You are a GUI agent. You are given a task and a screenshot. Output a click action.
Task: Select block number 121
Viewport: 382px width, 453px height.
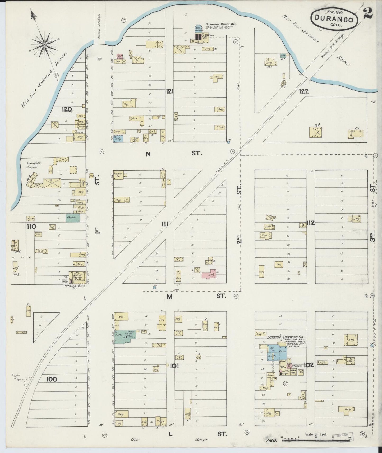[169, 91]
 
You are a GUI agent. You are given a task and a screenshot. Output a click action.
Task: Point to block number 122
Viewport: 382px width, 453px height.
[304, 91]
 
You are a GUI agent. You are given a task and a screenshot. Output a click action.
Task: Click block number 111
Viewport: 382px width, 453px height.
[165, 224]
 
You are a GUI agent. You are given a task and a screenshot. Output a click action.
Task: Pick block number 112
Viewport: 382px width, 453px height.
[311, 223]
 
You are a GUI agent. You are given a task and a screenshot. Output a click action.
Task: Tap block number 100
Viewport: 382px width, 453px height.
[51, 380]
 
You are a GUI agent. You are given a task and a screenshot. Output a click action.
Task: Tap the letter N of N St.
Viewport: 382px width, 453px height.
[148, 154]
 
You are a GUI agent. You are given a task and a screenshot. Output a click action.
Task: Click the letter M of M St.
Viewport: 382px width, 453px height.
[169, 297]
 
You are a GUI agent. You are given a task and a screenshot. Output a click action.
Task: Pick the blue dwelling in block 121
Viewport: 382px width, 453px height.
[118, 138]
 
